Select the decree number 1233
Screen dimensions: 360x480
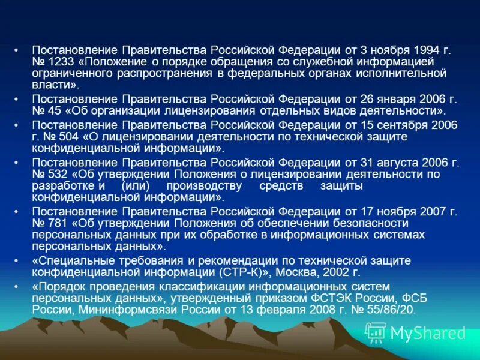click(x=59, y=62)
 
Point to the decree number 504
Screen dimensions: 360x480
click(x=70, y=137)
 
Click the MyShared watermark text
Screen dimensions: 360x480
click(x=427, y=333)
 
